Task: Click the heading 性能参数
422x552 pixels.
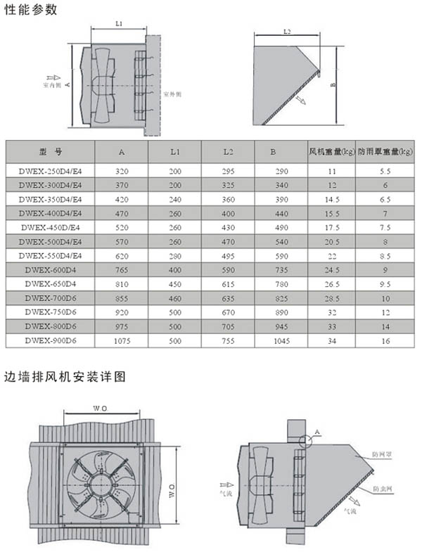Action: pos(30,10)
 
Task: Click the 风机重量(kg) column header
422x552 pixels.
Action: pos(331,151)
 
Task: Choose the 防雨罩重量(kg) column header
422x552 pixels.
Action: pos(384,151)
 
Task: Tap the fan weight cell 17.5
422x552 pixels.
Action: pos(331,227)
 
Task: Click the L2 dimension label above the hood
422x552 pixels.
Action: pos(287,32)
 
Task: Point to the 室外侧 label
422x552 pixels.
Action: pos(173,94)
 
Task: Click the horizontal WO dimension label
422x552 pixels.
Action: pos(100,409)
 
